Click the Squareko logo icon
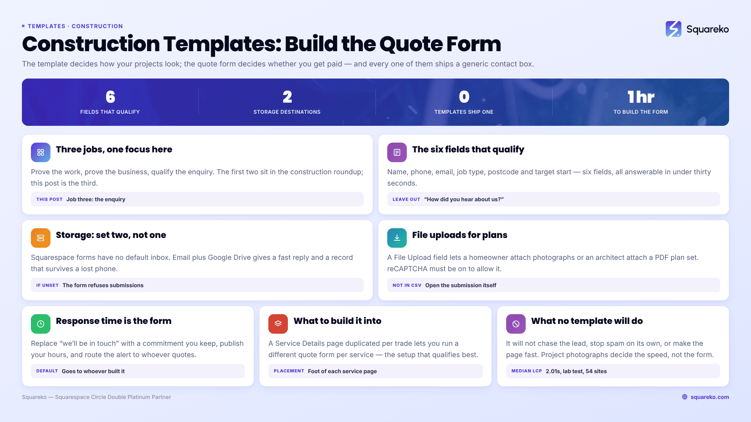point(673,29)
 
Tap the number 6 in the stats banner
point(110,97)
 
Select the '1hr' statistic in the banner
point(641,97)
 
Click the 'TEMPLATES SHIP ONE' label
point(464,112)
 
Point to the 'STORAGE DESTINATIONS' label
point(287,112)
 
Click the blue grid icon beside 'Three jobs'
point(41,152)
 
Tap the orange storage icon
point(41,238)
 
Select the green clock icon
point(41,324)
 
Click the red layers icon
point(278,324)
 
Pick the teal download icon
point(397,238)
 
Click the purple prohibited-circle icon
point(516,324)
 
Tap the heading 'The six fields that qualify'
point(468,149)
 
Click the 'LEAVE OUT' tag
point(406,199)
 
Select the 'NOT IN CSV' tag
point(407,285)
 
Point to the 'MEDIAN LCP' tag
point(526,371)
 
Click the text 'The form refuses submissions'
point(103,285)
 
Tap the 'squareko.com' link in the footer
point(710,397)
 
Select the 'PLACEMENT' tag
point(289,371)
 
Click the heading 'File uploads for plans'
point(460,235)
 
